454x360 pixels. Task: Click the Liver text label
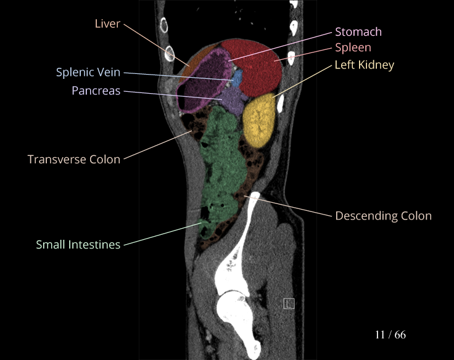click(107, 23)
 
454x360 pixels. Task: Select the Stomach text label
click(358, 32)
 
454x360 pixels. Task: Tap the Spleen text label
click(353, 47)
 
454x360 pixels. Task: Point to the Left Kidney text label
click(364, 65)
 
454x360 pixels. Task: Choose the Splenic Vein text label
click(88, 73)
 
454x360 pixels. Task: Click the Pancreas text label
click(96, 91)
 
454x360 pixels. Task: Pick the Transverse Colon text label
click(74, 159)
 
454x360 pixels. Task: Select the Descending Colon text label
click(383, 216)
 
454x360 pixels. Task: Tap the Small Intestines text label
click(78, 245)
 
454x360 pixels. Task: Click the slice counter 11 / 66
click(390, 335)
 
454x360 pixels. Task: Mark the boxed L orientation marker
click(289, 303)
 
